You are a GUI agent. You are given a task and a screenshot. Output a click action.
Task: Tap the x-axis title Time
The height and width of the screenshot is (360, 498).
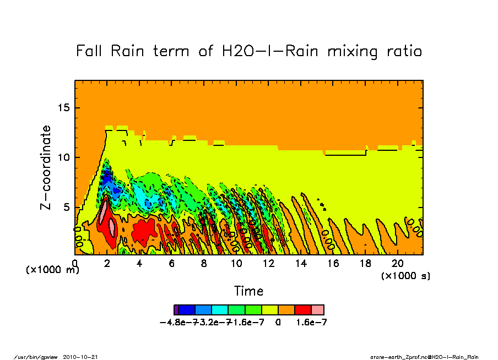point(248,291)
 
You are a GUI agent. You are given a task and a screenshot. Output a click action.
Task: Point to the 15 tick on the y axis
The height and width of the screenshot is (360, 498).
point(64,107)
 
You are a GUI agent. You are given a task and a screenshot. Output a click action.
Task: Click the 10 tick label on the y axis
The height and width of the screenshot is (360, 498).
point(64,157)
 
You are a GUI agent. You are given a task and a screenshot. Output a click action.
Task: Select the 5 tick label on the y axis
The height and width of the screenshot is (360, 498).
point(67,208)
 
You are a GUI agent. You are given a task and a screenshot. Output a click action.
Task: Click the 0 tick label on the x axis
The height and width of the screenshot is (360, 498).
point(75,264)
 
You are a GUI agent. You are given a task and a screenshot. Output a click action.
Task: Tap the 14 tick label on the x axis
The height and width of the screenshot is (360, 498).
point(301,264)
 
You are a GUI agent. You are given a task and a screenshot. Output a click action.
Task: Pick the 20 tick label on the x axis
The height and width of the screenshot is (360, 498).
point(398,264)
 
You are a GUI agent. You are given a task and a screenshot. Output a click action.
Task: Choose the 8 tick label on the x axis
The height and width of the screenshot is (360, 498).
point(204,264)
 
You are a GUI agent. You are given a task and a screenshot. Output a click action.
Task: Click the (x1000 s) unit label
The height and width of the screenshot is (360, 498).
point(405,275)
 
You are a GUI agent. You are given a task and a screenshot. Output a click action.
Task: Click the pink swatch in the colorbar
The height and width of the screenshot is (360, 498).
point(317,310)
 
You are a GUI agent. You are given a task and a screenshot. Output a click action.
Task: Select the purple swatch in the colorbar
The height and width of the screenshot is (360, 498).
point(176,310)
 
